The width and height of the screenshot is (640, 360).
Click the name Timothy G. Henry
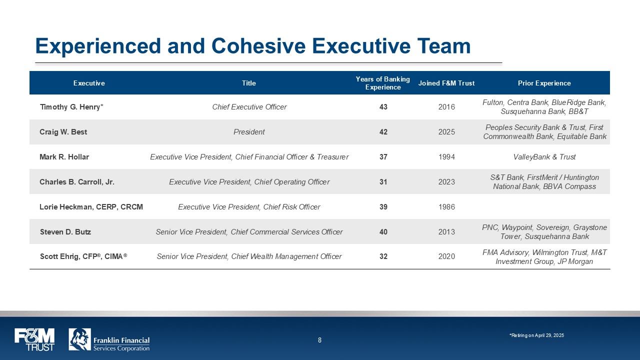pos(70,107)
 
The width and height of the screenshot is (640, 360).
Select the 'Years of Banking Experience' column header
pos(383,83)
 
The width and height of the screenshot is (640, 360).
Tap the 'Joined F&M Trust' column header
pos(446,83)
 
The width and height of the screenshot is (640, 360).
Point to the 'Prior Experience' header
pos(544,83)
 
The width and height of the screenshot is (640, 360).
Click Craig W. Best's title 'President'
pos(249,132)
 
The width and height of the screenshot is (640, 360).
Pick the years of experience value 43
pos(383,107)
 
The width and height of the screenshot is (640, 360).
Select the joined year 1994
pos(446,157)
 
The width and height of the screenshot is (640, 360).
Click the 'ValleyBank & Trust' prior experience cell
pos(544,157)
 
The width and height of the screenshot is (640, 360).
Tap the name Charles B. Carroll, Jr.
pos(77,182)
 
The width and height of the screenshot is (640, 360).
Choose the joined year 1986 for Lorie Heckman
pos(446,207)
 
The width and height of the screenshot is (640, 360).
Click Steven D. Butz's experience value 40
pos(383,231)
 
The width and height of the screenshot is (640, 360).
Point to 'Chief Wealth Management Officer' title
pos(286,256)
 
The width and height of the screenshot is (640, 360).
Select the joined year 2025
pos(446,132)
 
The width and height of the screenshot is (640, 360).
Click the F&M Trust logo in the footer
pos(34,339)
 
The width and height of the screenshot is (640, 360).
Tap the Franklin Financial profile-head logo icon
pos(79,339)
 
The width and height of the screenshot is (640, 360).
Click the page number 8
pos(319,340)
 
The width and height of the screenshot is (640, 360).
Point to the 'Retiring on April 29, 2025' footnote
pos(536,335)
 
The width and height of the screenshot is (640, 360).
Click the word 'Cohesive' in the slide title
pos(258,46)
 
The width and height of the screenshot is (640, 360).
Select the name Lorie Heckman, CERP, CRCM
pos(91,207)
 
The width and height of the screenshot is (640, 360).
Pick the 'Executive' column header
pos(89,83)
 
